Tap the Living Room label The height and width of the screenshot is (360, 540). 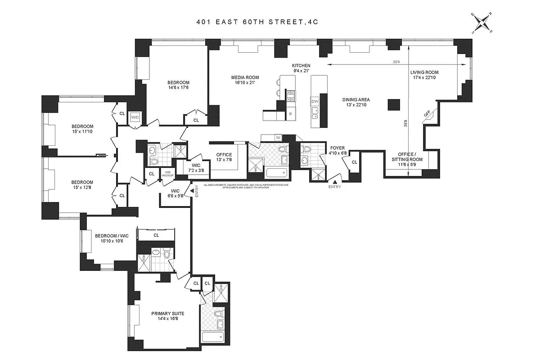424,75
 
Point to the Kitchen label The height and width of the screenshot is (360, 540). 301,68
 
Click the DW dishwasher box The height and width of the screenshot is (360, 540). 315,102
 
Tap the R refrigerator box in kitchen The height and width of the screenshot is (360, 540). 291,114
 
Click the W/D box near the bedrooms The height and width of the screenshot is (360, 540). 135,117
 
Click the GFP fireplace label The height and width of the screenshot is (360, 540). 427,115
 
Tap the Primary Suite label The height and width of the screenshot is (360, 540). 168,316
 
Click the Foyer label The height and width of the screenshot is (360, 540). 337,150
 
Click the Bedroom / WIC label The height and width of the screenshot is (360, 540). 109,238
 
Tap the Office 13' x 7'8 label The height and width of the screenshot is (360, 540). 224,157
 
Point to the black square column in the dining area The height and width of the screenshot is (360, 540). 394,104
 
